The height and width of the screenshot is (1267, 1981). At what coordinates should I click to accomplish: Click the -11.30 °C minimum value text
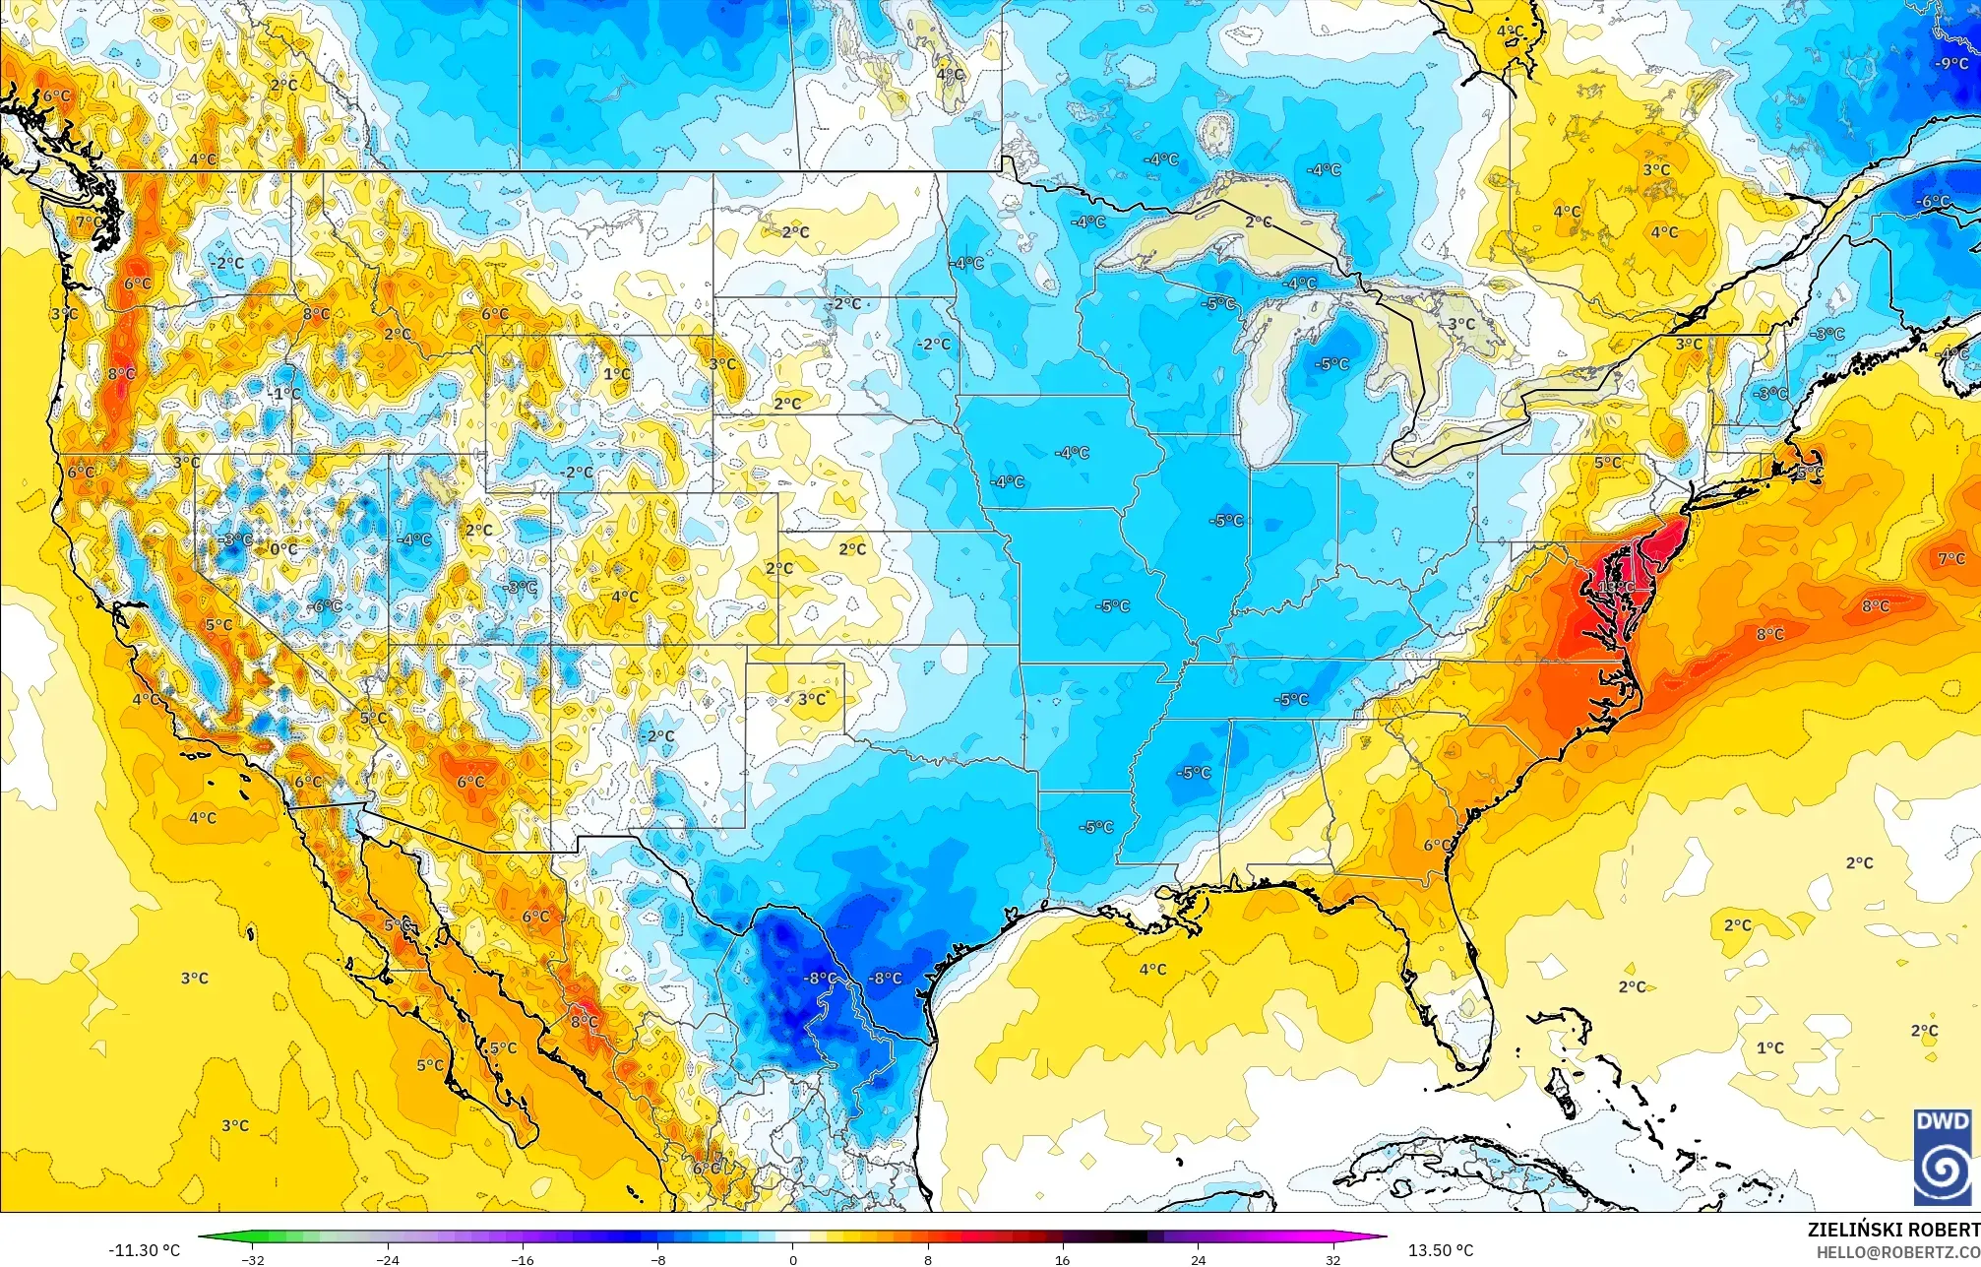(x=145, y=1250)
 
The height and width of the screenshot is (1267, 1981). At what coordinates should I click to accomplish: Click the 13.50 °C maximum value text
(x=1441, y=1250)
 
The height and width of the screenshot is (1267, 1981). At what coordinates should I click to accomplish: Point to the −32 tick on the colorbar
(x=254, y=1259)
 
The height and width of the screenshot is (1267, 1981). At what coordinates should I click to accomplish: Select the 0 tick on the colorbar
(x=793, y=1259)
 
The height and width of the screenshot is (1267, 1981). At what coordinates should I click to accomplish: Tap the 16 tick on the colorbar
(x=1062, y=1259)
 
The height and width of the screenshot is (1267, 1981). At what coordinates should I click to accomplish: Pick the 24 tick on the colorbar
(x=1198, y=1259)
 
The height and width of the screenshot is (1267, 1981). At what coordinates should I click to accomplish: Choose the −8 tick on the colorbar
(x=657, y=1259)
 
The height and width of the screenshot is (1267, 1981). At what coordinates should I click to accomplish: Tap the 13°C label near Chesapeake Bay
(x=1615, y=587)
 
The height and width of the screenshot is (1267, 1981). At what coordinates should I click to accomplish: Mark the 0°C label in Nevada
(x=283, y=548)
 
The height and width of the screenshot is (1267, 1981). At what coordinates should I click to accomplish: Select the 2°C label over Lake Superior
(x=1258, y=222)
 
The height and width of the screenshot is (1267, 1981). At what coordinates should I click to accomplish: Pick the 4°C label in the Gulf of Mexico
(x=1152, y=970)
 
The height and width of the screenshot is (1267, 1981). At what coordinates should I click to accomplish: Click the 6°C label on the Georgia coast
(x=1438, y=845)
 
